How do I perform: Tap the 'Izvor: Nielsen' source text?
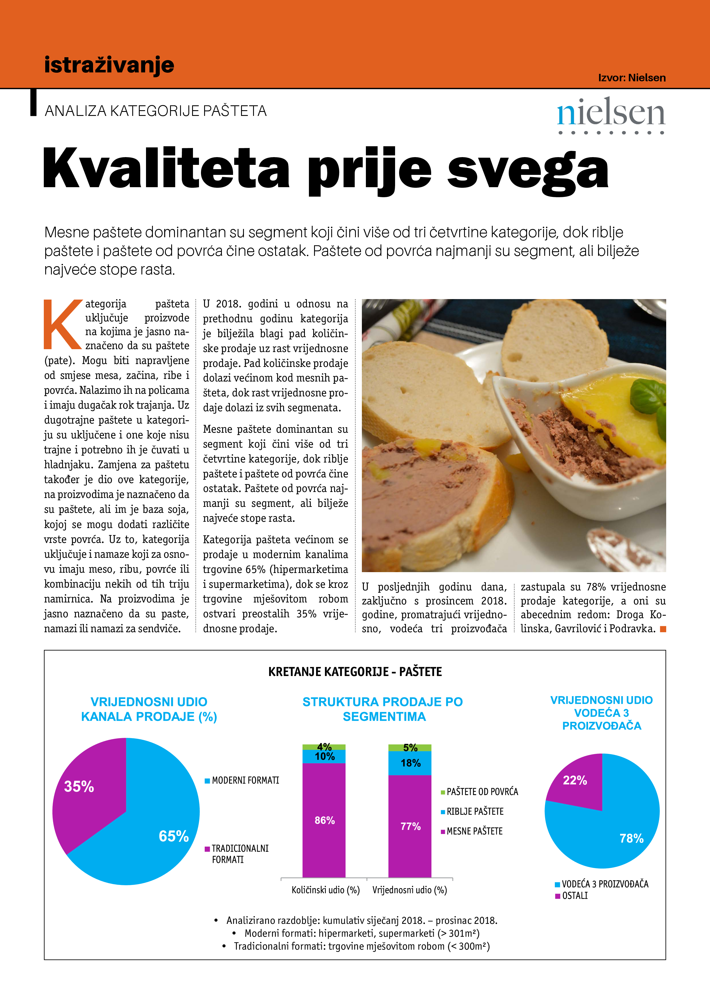click(x=632, y=78)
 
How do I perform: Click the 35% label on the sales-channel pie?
click(x=79, y=786)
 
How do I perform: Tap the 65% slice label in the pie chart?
click(x=174, y=836)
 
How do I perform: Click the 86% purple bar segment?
click(x=324, y=820)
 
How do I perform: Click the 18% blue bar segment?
click(x=410, y=763)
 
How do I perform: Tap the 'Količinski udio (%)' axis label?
click(x=326, y=890)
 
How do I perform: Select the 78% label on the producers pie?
click(x=631, y=838)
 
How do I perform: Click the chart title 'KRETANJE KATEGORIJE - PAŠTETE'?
click(x=355, y=672)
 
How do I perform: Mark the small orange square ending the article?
click(x=663, y=629)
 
